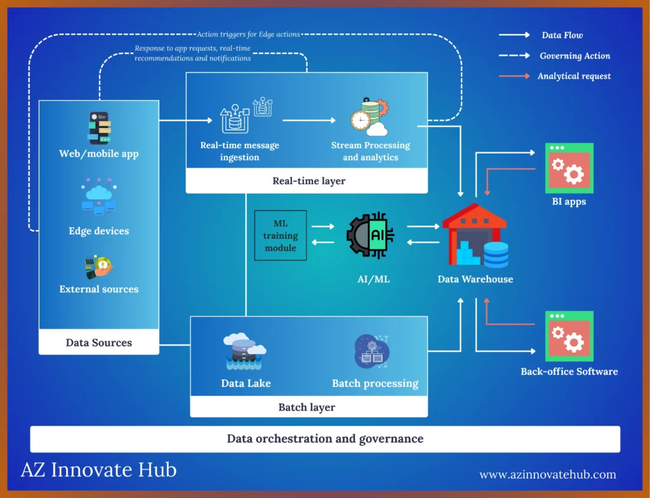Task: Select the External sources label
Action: click(98, 289)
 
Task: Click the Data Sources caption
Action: click(98, 343)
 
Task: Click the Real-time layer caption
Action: click(308, 181)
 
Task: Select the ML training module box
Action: click(281, 235)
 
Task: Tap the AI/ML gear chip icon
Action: click(370, 235)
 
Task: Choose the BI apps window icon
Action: click(569, 168)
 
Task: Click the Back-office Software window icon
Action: click(569, 336)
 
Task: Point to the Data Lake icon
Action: click(245, 351)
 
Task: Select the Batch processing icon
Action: click(372, 352)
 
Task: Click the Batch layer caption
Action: click(307, 407)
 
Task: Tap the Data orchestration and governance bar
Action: click(325, 438)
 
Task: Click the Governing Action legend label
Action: click(575, 56)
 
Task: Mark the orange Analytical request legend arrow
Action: click(514, 76)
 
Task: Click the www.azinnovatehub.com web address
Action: click(547, 475)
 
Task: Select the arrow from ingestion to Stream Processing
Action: click(309, 119)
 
